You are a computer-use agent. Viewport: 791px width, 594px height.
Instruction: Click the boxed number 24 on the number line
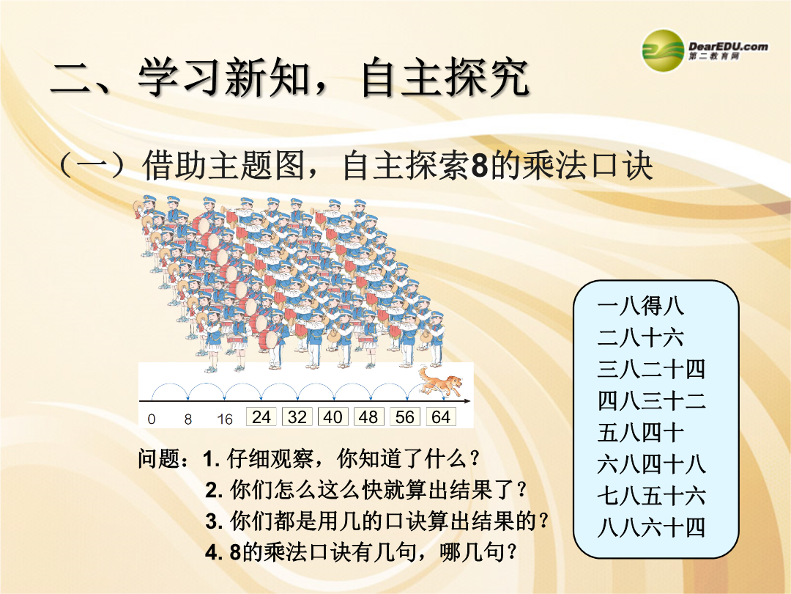point(261,417)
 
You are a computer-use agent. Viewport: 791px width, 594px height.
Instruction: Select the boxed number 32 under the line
point(297,417)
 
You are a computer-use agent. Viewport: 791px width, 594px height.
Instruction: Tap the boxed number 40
point(333,417)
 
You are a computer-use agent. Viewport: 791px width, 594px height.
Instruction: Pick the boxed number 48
point(368,417)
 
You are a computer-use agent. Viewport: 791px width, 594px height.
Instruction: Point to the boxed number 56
point(404,417)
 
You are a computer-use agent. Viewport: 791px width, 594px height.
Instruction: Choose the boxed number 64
point(441,417)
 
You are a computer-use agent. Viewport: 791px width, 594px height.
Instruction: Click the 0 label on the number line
point(152,419)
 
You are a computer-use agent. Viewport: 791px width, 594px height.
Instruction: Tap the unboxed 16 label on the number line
point(225,419)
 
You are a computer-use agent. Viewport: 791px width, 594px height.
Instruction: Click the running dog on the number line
point(440,381)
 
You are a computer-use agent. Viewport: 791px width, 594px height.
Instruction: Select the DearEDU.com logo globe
point(662,51)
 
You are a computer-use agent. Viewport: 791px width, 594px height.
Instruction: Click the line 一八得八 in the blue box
point(641,306)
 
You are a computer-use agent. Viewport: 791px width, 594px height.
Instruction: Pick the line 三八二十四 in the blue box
point(651,369)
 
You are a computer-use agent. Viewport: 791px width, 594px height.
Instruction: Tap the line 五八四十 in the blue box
point(641,433)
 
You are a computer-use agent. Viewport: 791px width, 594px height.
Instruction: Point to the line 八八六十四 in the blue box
point(651,528)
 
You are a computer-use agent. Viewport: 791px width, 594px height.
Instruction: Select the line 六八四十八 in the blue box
point(651,464)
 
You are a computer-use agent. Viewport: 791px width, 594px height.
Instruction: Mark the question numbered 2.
point(366,489)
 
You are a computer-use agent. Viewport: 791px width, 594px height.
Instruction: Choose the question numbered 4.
point(361,552)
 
